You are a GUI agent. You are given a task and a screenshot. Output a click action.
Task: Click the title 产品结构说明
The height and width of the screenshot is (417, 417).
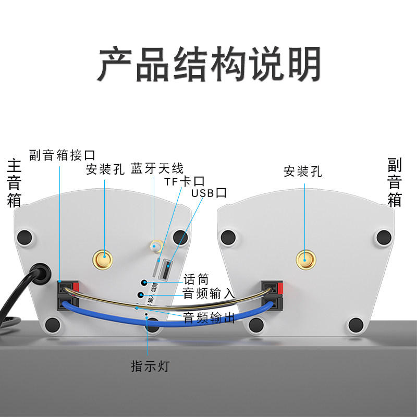click(x=208, y=65)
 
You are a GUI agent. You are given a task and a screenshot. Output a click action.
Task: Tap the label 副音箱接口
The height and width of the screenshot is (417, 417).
click(x=63, y=155)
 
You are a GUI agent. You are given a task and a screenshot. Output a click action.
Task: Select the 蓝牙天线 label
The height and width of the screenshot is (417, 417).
click(x=157, y=168)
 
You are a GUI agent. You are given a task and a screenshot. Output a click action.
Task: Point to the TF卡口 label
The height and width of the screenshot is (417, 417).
click(x=184, y=181)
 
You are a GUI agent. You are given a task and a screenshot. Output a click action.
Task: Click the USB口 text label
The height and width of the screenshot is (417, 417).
click(x=209, y=193)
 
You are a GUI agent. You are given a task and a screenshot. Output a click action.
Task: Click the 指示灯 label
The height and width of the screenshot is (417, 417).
click(x=150, y=366)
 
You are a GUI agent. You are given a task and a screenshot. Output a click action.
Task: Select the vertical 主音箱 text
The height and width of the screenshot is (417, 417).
click(x=14, y=183)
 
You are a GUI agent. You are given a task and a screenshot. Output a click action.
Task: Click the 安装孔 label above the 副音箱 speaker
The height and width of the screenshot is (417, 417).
click(x=303, y=171)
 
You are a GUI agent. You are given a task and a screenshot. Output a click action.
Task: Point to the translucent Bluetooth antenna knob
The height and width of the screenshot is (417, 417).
click(x=155, y=246)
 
